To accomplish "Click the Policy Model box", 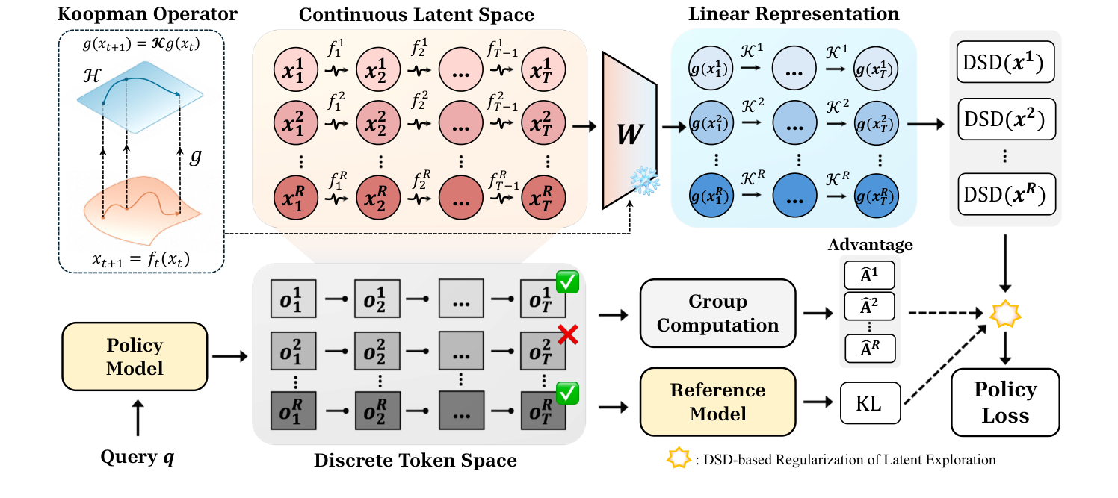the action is click(x=135, y=356).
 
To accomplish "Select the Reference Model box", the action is click(x=717, y=402).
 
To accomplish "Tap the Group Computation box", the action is click(x=717, y=313).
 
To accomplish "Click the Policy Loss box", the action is click(x=1005, y=402).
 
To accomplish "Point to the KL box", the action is click(x=870, y=402).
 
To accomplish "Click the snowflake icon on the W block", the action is click(x=644, y=181).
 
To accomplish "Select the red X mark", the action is click(x=568, y=335).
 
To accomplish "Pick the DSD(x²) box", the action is click(x=1004, y=119).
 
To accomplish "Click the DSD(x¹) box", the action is click(x=1004, y=62).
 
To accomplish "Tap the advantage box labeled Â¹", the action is click(x=869, y=276).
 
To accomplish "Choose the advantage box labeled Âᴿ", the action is click(x=869, y=349).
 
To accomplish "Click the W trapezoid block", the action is click(x=629, y=131).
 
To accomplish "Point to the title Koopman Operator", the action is click(x=147, y=14).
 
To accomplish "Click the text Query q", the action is click(x=138, y=457).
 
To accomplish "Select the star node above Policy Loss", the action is click(x=1005, y=314).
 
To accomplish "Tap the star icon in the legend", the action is click(x=679, y=458).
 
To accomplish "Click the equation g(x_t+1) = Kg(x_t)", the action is click(x=141, y=44).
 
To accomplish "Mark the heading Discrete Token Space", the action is click(x=416, y=460).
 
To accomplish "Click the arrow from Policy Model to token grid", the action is click(x=230, y=356).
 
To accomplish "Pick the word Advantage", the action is click(x=870, y=245).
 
